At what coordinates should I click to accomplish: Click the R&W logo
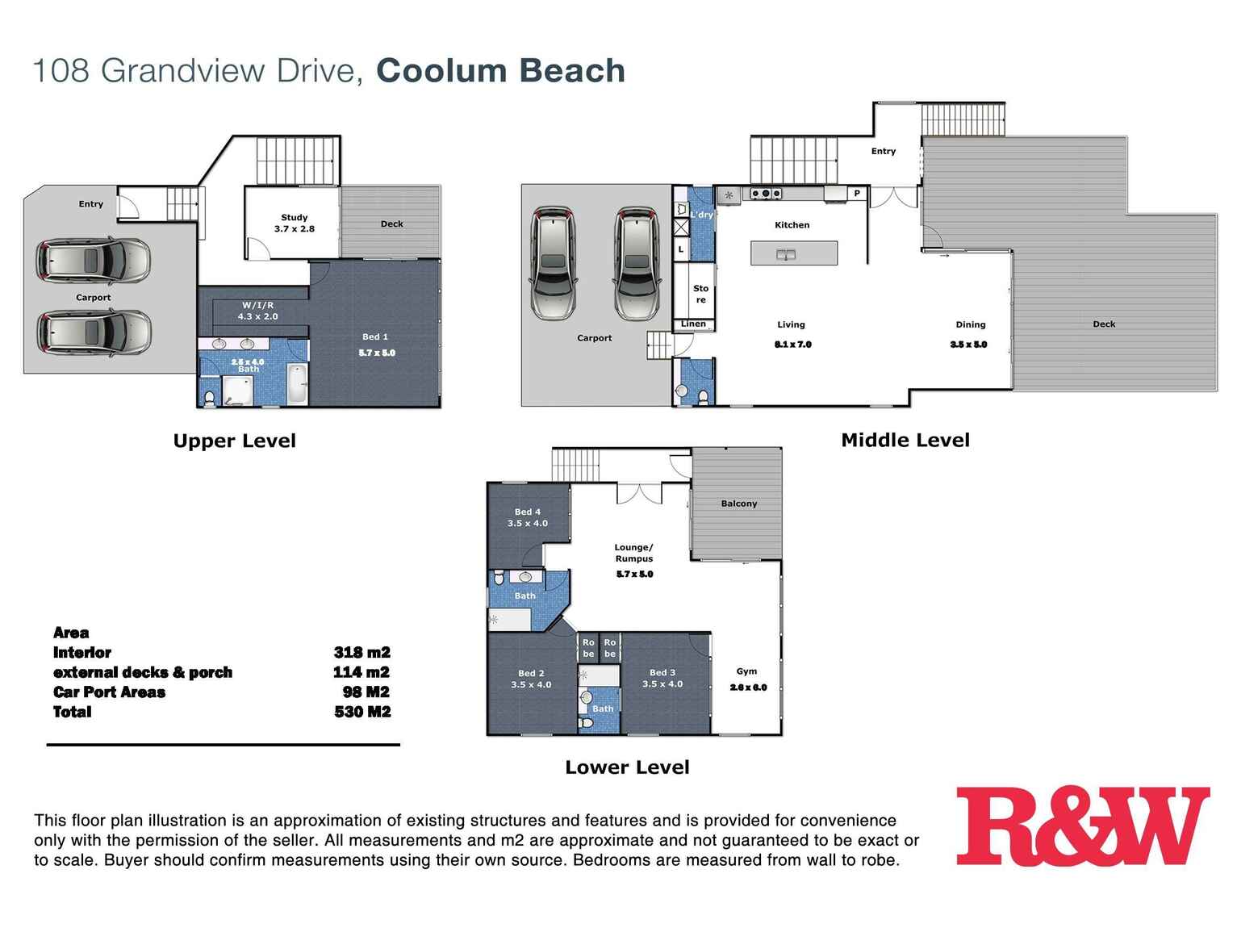tap(1082, 826)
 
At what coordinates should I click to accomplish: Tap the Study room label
tap(294, 218)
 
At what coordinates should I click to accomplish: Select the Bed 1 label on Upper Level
tap(375, 337)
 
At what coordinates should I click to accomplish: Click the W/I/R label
tap(257, 306)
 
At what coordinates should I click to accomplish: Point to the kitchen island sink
tap(786, 255)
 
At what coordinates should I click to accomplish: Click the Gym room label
tap(746, 671)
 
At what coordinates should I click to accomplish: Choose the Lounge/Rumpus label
tap(633, 553)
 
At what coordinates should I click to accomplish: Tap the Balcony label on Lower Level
tap(738, 504)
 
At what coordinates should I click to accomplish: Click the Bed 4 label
tap(528, 512)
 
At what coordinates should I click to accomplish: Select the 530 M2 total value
tap(362, 712)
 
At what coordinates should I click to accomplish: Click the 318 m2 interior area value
tap(361, 653)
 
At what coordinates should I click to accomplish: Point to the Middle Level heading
tap(905, 441)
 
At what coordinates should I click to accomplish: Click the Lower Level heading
tap(627, 767)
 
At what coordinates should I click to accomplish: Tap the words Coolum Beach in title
tap(500, 71)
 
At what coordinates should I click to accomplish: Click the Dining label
tap(970, 324)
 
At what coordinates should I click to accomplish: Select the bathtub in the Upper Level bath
tap(297, 385)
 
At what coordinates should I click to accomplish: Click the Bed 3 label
tap(662, 672)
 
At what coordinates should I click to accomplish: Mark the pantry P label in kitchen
tap(857, 194)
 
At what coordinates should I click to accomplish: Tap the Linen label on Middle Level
tap(693, 324)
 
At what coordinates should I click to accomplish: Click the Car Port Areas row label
tap(109, 692)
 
